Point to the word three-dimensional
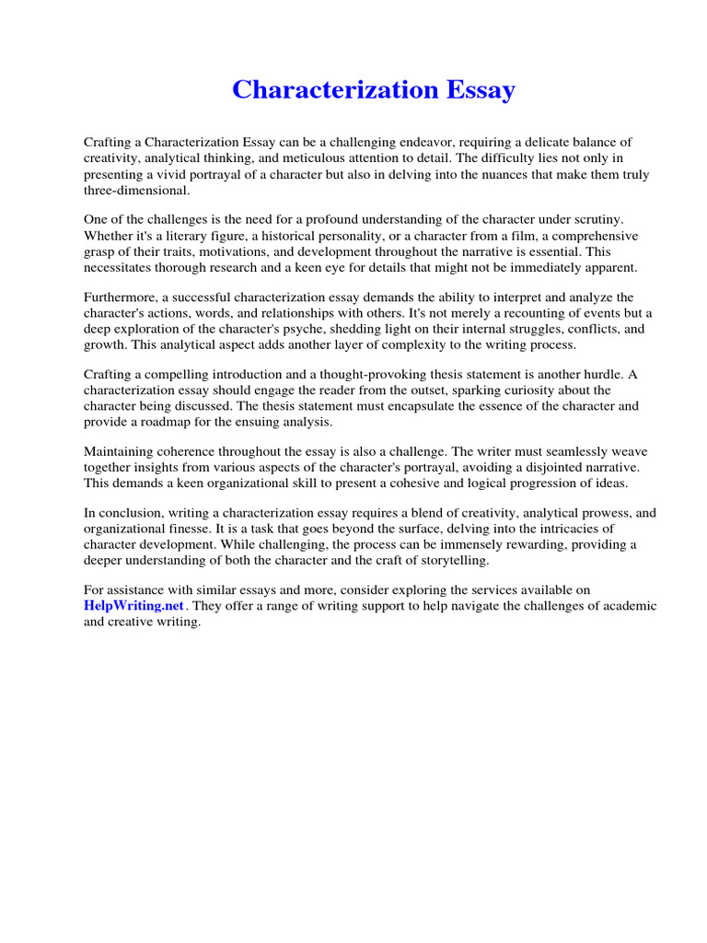(x=136, y=190)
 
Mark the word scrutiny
(x=597, y=220)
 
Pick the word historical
(x=281, y=236)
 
